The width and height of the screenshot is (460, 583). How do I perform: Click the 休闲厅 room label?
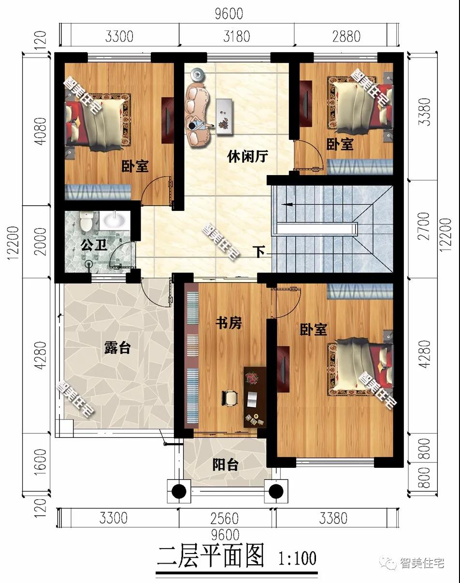247,157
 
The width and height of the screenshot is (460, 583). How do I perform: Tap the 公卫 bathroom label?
94,245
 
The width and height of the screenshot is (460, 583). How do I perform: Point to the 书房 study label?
229,323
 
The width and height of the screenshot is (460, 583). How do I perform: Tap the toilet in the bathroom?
86,221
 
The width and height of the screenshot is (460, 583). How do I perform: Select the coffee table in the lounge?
224,116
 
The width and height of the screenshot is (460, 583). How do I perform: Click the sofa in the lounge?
197,117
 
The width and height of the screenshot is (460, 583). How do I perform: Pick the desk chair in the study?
230,398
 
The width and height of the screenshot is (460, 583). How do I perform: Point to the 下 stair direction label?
260,252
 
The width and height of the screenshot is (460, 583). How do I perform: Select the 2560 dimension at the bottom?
225,518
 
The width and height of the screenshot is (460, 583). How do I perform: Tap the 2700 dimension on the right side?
424,226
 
